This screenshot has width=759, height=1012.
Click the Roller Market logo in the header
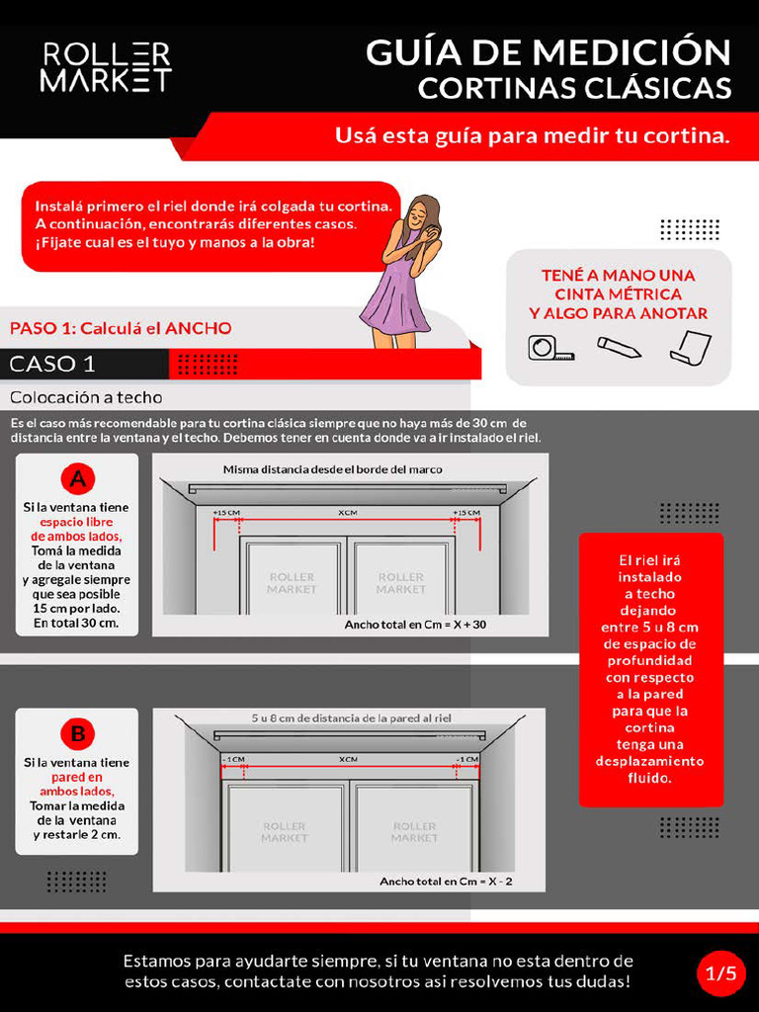(x=106, y=67)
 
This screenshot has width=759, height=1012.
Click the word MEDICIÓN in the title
(x=633, y=51)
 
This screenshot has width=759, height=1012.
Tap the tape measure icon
(x=549, y=348)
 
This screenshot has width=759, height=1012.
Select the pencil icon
(x=619, y=347)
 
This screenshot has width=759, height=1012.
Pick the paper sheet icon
(x=690, y=347)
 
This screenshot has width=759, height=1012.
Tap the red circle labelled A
(x=77, y=479)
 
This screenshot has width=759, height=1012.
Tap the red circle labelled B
(x=77, y=734)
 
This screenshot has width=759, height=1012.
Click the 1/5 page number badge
(x=720, y=972)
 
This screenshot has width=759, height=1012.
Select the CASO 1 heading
(x=53, y=364)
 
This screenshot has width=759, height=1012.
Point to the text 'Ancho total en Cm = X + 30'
(x=415, y=625)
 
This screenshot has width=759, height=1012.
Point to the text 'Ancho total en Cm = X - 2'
(x=446, y=881)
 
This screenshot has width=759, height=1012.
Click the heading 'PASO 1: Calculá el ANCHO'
(x=121, y=328)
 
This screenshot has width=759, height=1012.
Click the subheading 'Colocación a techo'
(x=86, y=397)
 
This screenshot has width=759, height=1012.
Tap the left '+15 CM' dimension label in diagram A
(x=226, y=513)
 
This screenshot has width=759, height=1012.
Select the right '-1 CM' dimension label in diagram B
(x=465, y=759)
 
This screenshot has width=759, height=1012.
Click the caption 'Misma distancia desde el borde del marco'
(x=332, y=469)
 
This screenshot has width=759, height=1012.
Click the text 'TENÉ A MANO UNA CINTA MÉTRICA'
(x=619, y=285)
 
